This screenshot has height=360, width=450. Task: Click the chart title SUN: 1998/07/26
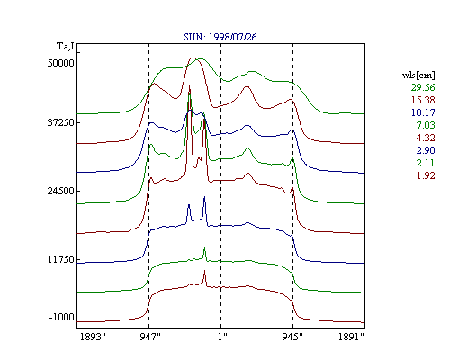coord(220,37)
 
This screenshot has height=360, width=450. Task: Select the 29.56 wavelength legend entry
coord(423,87)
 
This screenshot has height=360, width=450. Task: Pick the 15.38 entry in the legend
coord(423,100)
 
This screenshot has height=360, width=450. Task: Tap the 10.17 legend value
coord(423,112)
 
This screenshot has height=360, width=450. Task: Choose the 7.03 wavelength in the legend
coord(426,125)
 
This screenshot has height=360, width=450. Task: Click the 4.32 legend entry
coord(426,138)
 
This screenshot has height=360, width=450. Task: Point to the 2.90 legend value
coord(426,150)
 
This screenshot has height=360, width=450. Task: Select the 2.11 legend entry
coord(426,163)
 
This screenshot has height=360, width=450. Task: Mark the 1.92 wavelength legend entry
coord(426,175)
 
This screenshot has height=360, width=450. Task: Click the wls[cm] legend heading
coord(418,75)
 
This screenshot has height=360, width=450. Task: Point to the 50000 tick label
coord(61,63)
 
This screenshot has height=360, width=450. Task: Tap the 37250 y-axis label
coord(61,122)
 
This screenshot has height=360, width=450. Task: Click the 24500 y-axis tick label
coord(61,191)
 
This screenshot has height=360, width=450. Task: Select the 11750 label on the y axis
coord(61,259)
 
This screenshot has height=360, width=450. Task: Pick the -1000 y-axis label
coord(62,317)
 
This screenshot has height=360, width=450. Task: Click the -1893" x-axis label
coord(92,337)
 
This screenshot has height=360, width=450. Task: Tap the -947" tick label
coord(148,337)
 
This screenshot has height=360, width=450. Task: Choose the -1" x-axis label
coord(220,337)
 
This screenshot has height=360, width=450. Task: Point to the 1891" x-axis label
coord(351,337)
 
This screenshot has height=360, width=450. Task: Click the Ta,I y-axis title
coord(66,47)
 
